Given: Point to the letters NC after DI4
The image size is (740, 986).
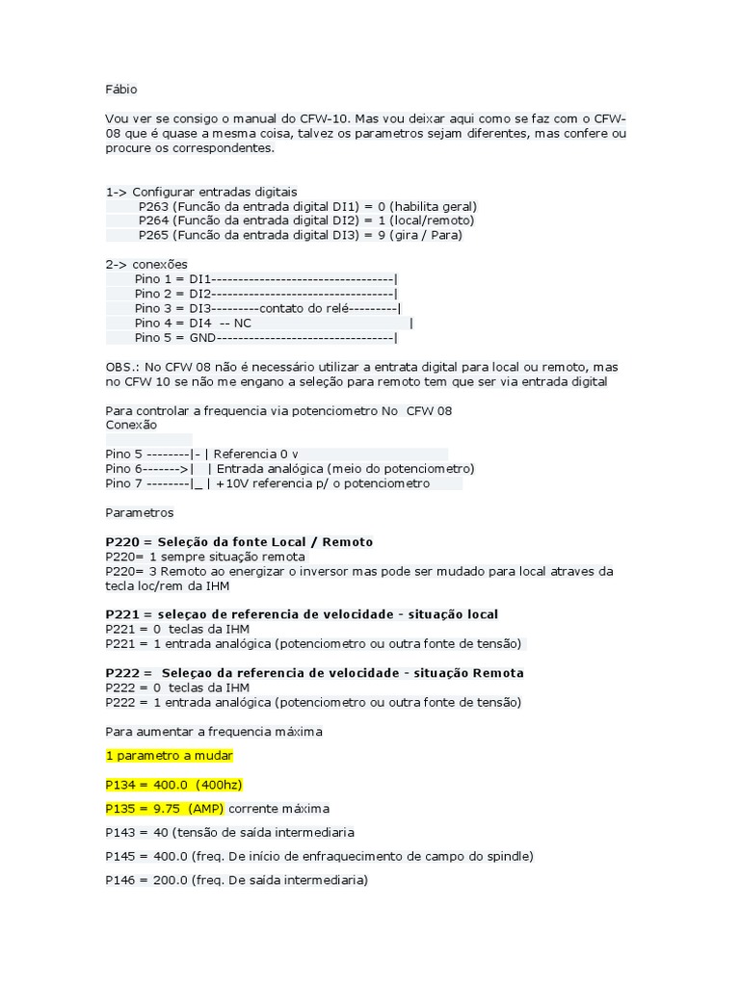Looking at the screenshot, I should (x=242, y=324).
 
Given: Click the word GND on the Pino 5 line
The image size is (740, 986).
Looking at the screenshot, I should (x=203, y=338).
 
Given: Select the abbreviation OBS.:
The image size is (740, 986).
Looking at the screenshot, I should (x=121, y=368).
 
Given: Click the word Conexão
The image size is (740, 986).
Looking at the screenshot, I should (x=131, y=425).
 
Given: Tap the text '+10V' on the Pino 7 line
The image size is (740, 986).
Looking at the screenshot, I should (x=231, y=483).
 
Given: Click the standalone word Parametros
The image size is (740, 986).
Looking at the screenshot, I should (x=140, y=513).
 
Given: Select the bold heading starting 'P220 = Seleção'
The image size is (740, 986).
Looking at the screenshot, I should (x=239, y=542).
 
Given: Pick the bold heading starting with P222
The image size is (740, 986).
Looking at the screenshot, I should (x=314, y=672).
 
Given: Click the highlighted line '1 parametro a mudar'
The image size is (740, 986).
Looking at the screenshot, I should (x=170, y=755).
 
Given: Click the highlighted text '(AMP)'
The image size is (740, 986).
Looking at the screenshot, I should (x=205, y=809).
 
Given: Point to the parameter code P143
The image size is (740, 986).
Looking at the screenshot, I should (x=122, y=832).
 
